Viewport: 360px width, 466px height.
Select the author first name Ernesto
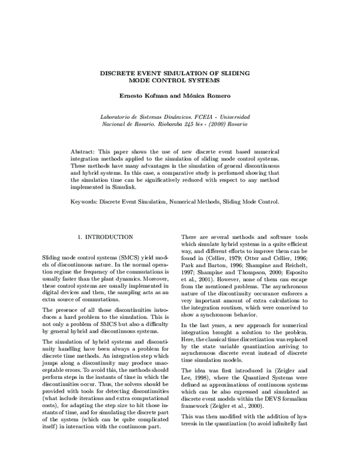coord(133,95)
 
